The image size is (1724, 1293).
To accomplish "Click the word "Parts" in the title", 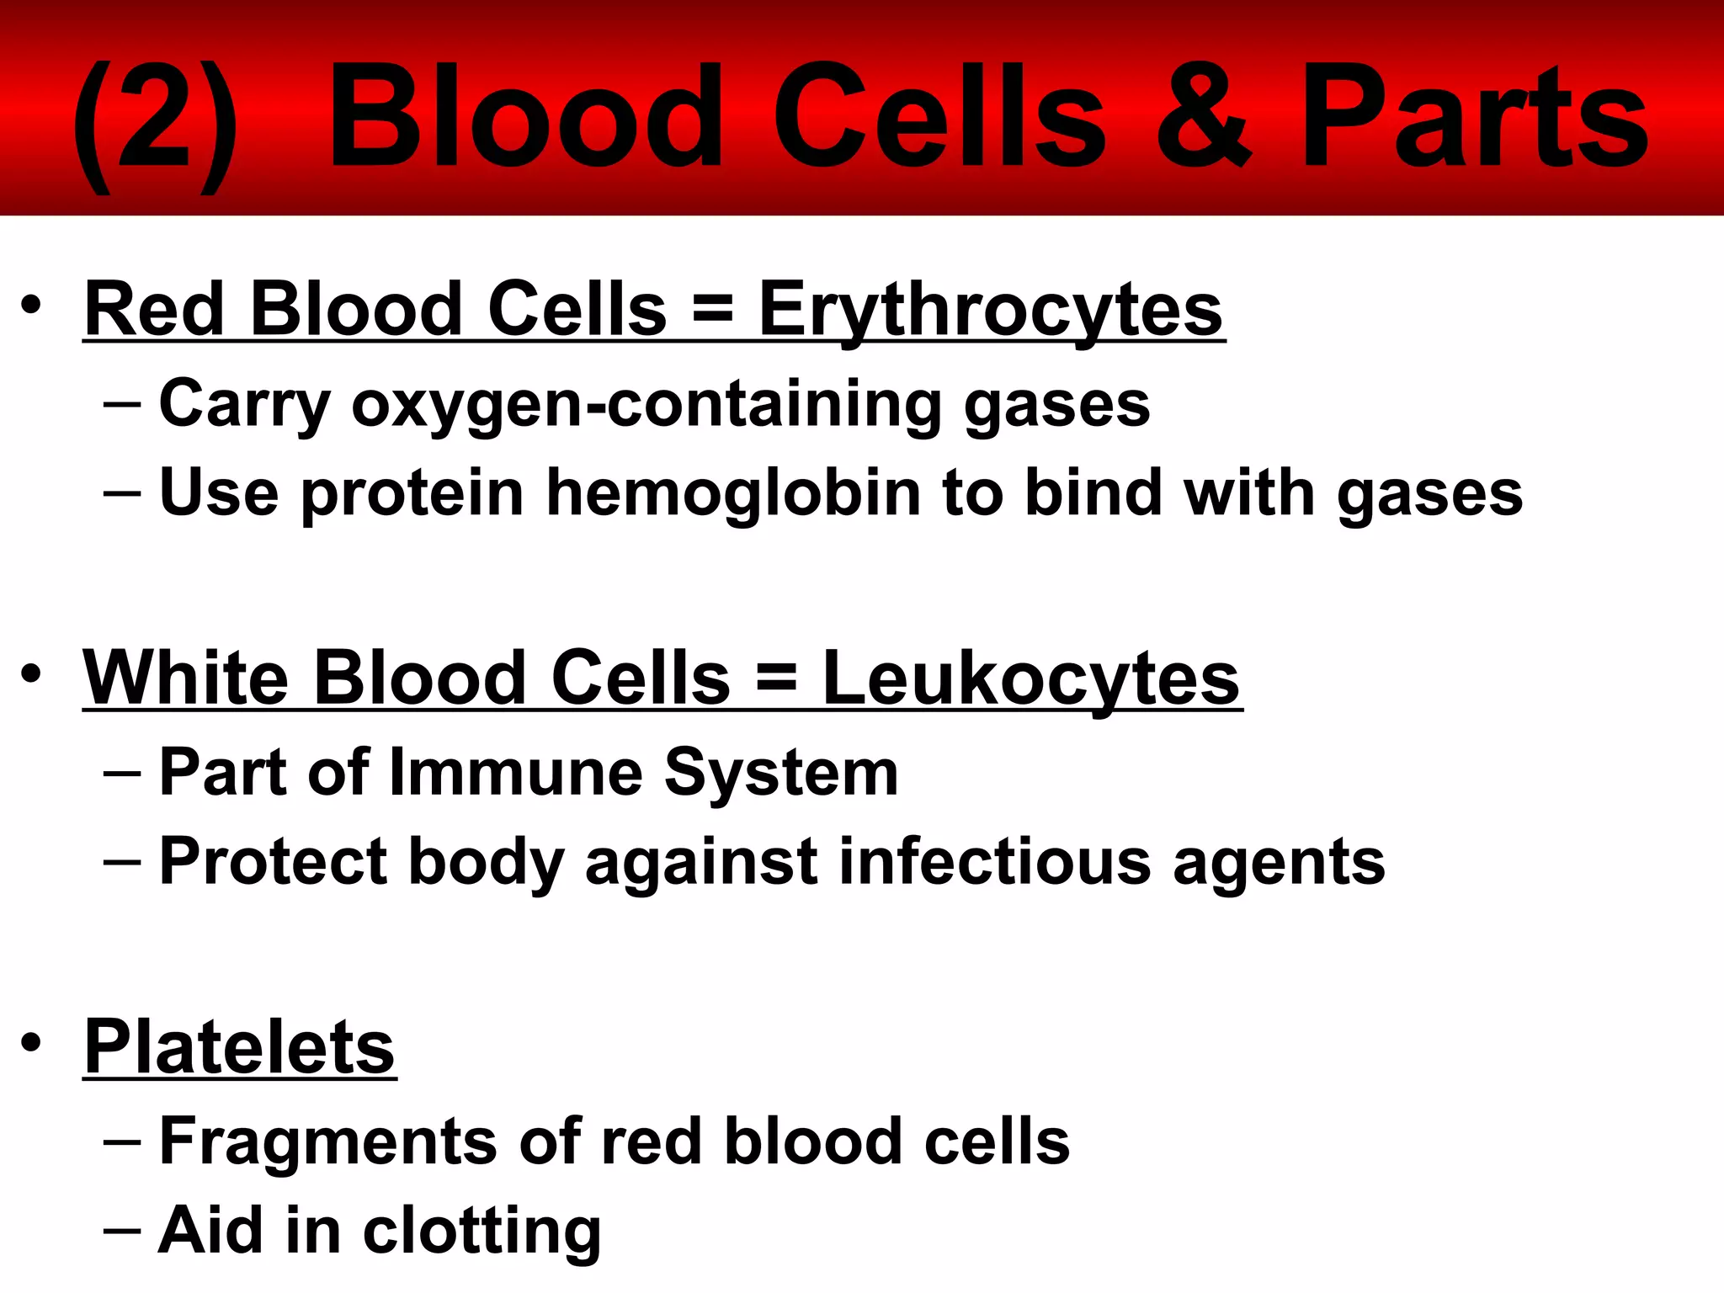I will coord(1473,118).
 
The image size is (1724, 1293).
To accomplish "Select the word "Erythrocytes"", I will coord(991,310).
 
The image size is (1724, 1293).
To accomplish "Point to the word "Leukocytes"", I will coord(1030,678).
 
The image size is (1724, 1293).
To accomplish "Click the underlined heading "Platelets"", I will coord(240,1047).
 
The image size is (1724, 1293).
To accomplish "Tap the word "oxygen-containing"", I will coord(646,404).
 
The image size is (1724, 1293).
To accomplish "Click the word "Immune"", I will coord(516,772).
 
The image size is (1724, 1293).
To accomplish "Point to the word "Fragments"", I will coord(328,1141).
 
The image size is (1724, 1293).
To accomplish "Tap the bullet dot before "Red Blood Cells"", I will coord(31,305).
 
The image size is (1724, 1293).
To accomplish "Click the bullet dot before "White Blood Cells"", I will coord(31,673).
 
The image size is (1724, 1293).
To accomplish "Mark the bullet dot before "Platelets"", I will coord(31,1042).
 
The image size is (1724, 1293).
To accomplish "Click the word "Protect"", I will coord(273,861).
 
